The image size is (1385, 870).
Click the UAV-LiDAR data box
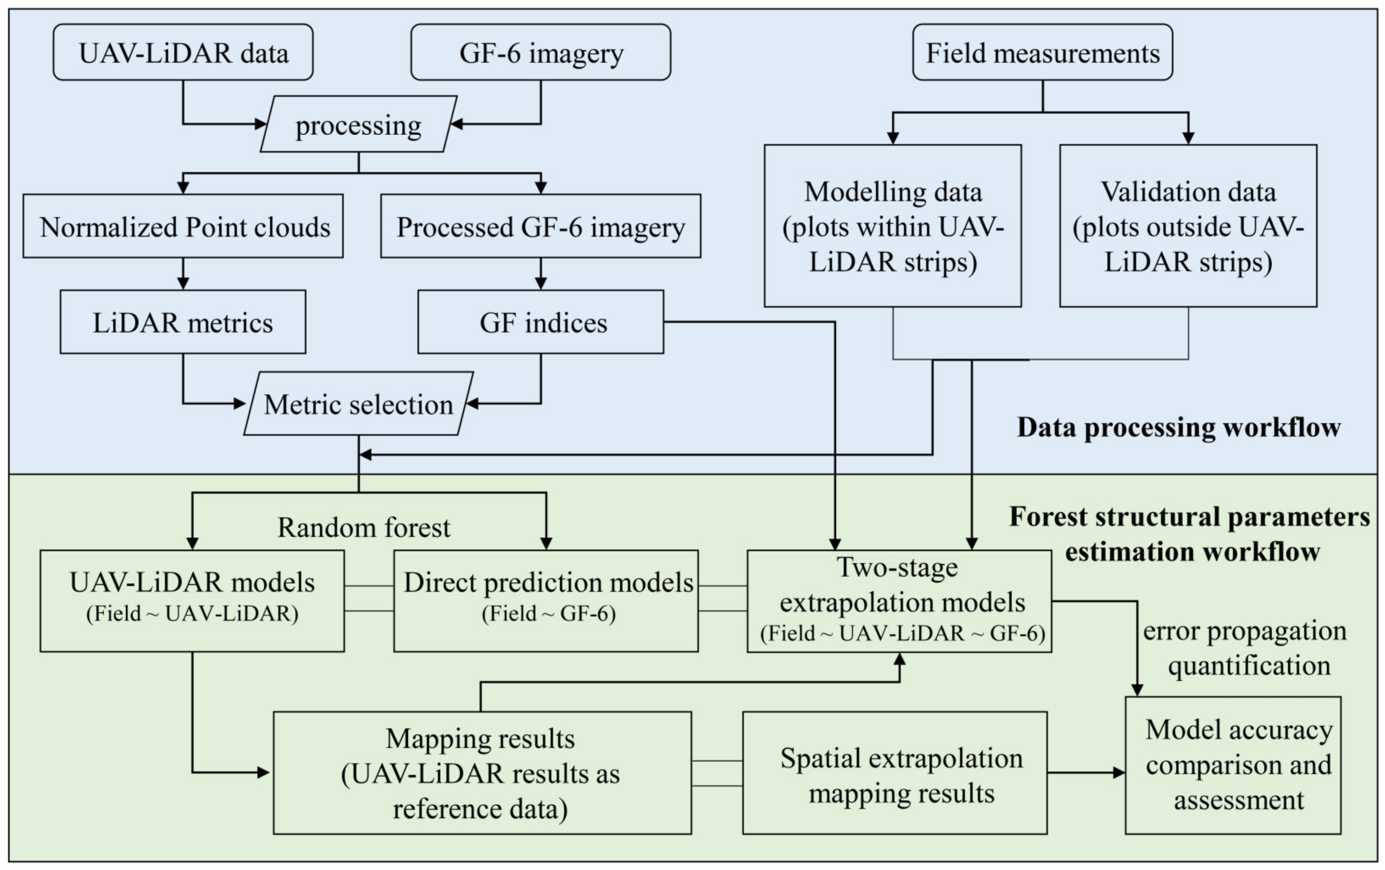coord(183,53)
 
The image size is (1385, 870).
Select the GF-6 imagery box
coord(541,53)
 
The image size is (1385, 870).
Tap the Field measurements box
coord(1042,53)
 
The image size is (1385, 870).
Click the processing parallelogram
coord(359,124)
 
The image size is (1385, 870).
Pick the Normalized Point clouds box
coord(183,226)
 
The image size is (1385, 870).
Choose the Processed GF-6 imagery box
coord(541,226)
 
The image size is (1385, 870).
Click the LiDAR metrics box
coord(183,322)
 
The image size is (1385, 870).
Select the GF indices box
coord(541,322)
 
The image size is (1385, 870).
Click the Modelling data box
coord(893,226)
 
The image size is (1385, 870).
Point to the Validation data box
coord(1188,226)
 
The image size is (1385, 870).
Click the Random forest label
coord(364,527)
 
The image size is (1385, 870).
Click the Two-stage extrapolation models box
coord(900,601)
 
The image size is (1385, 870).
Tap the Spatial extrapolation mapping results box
coord(895,773)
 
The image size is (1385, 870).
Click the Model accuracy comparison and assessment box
coord(1233,765)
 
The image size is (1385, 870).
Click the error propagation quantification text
coord(1245,648)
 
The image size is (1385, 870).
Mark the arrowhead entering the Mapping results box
coord(264,773)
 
